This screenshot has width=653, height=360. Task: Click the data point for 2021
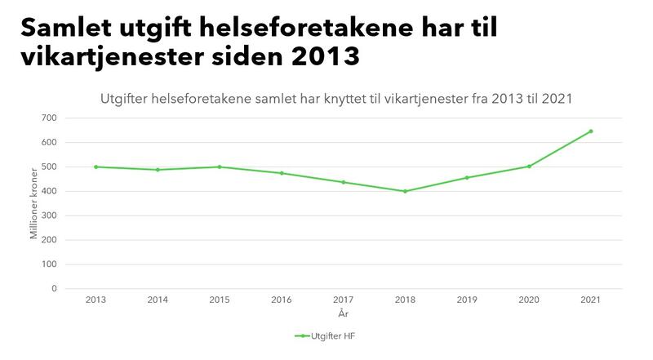[591, 131]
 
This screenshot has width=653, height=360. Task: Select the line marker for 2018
[405, 191]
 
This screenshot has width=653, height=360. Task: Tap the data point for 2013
[96, 167]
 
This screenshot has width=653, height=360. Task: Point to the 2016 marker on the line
[282, 173]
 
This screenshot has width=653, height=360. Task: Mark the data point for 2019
[467, 177]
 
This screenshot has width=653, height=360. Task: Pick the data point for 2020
[529, 166]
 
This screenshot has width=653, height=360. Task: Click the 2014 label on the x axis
[158, 300]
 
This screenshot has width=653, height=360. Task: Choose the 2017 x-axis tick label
[343, 300]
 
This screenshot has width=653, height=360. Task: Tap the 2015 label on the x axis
[220, 300]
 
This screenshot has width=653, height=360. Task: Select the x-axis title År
[343, 313]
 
